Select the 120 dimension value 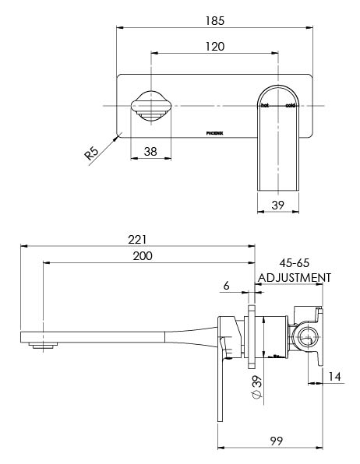pyautogui.click(x=216, y=46)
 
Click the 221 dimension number pyautogui.click(x=137, y=239)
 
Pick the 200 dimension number pyautogui.click(x=142, y=255)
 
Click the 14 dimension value pyautogui.click(x=334, y=376)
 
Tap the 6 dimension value pyautogui.click(x=226, y=286)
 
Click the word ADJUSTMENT pyautogui.click(x=294, y=277)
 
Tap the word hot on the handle pyautogui.click(x=265, y=104)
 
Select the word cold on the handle pyautogui.click(x=290, y=104)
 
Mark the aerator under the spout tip pyautogui.click(x=41, y=343)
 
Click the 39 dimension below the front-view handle pyautogui.click(x=277, y=206)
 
